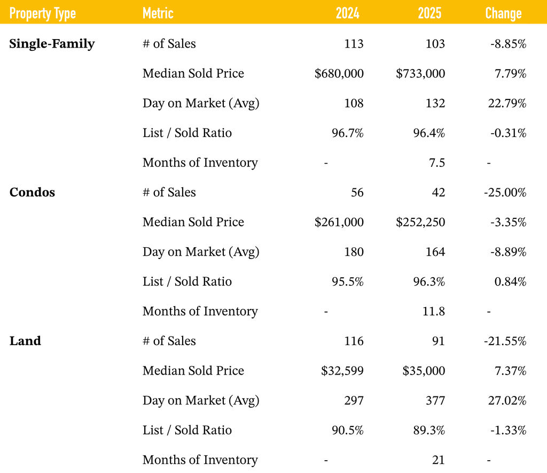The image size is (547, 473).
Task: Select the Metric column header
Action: click(158, 13)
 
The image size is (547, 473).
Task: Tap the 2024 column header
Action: click(348, 13)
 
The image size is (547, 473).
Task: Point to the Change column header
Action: click(503, 13)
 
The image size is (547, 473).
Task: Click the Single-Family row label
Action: click(52, 44)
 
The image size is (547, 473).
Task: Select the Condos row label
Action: click(32, 193)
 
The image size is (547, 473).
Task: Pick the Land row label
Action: click(25, 341)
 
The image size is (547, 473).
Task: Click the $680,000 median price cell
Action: click(339, 74)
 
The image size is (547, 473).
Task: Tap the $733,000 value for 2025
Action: click(420, 74)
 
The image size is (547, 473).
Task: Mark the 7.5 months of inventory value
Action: click(436, 163)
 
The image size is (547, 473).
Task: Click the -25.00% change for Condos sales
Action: click(505, 193)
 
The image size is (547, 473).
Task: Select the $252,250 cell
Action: click(420, 222)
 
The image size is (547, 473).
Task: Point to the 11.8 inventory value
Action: click(434, 311)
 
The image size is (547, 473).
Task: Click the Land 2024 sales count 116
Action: click(354, 341)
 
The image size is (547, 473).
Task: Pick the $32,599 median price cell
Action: click(342, 371)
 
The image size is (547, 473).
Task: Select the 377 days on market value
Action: click(435, 400)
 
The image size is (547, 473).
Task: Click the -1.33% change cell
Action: click(508, 430)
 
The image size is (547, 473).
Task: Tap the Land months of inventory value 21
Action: click(439, 460)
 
